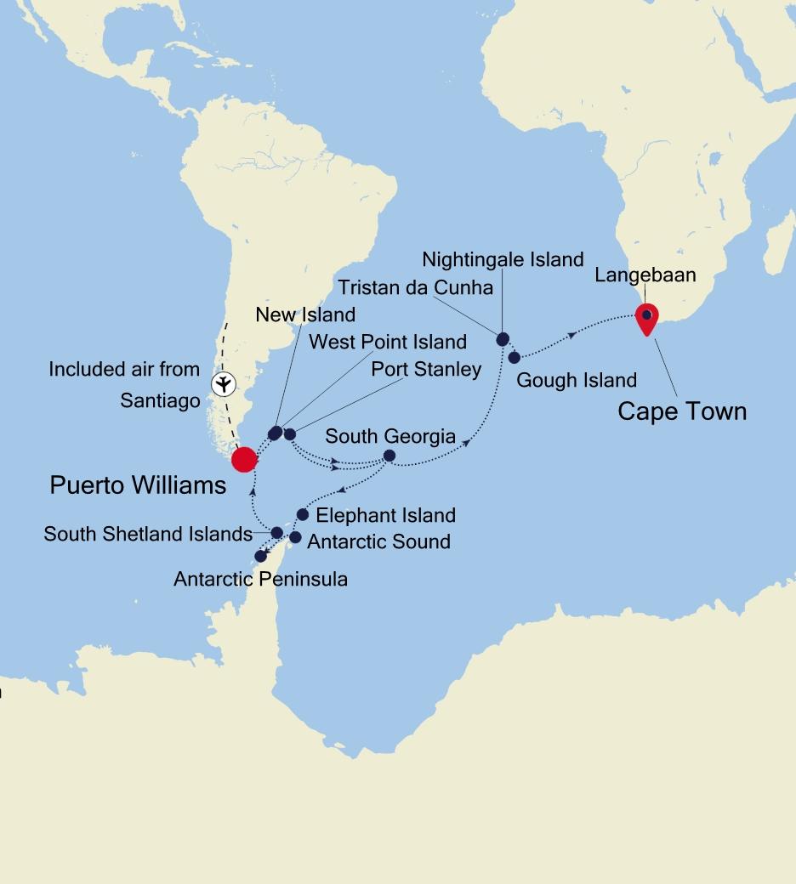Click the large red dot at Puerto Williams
pyautogui.click(x=244, y=459)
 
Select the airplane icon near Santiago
pyautogui.click(x=223, y=384)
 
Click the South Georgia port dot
pyautogui.click(x=389, y=456)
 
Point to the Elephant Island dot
pyautogui.click(x=302, y=514)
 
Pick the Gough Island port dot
pyautogui.click(x=515, y=357)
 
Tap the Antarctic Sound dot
pyautogui.click(x=295, y=537)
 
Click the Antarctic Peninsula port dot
pyautogui.click(x=260, y=556)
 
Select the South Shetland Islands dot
pyautogui.click(x=276, y=533)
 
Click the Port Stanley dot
pyautogui.click(x=289, y=434)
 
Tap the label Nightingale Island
pyautogui.click(x=503, y=259)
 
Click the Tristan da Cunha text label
pyautogui.click(x=414, y=287)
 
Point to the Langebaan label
pyautogui.click(x=645, y=275)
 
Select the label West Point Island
pyautogui.click(x=387, y=342)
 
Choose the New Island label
pyautogui.click(x=305, y=315)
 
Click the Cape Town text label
pyautogui.click(x=682, y=411)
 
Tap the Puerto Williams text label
pyautogui.click(x=138, y=485)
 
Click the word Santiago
pyautogui.click(x=160, y=400)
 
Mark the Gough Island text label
pyautogui.click(x=577, y=380)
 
